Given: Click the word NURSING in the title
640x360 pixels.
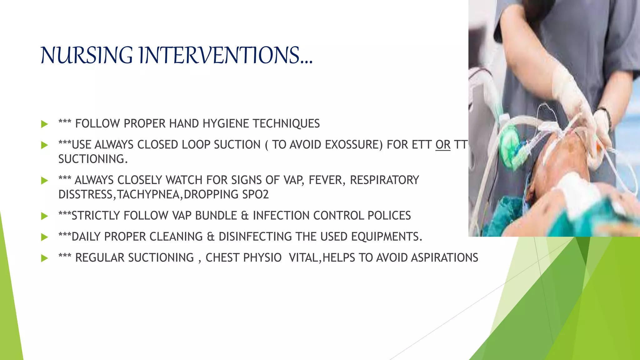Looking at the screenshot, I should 87,55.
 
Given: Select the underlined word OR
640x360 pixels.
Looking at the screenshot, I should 443,145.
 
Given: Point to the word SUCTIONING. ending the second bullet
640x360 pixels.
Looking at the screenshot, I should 93,159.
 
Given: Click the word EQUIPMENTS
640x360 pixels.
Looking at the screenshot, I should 386,237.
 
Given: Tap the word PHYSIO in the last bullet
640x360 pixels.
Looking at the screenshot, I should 262,258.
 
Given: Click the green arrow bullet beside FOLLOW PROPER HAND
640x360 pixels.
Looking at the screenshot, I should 44,124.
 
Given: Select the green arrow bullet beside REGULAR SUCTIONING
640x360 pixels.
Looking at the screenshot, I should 44,258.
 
